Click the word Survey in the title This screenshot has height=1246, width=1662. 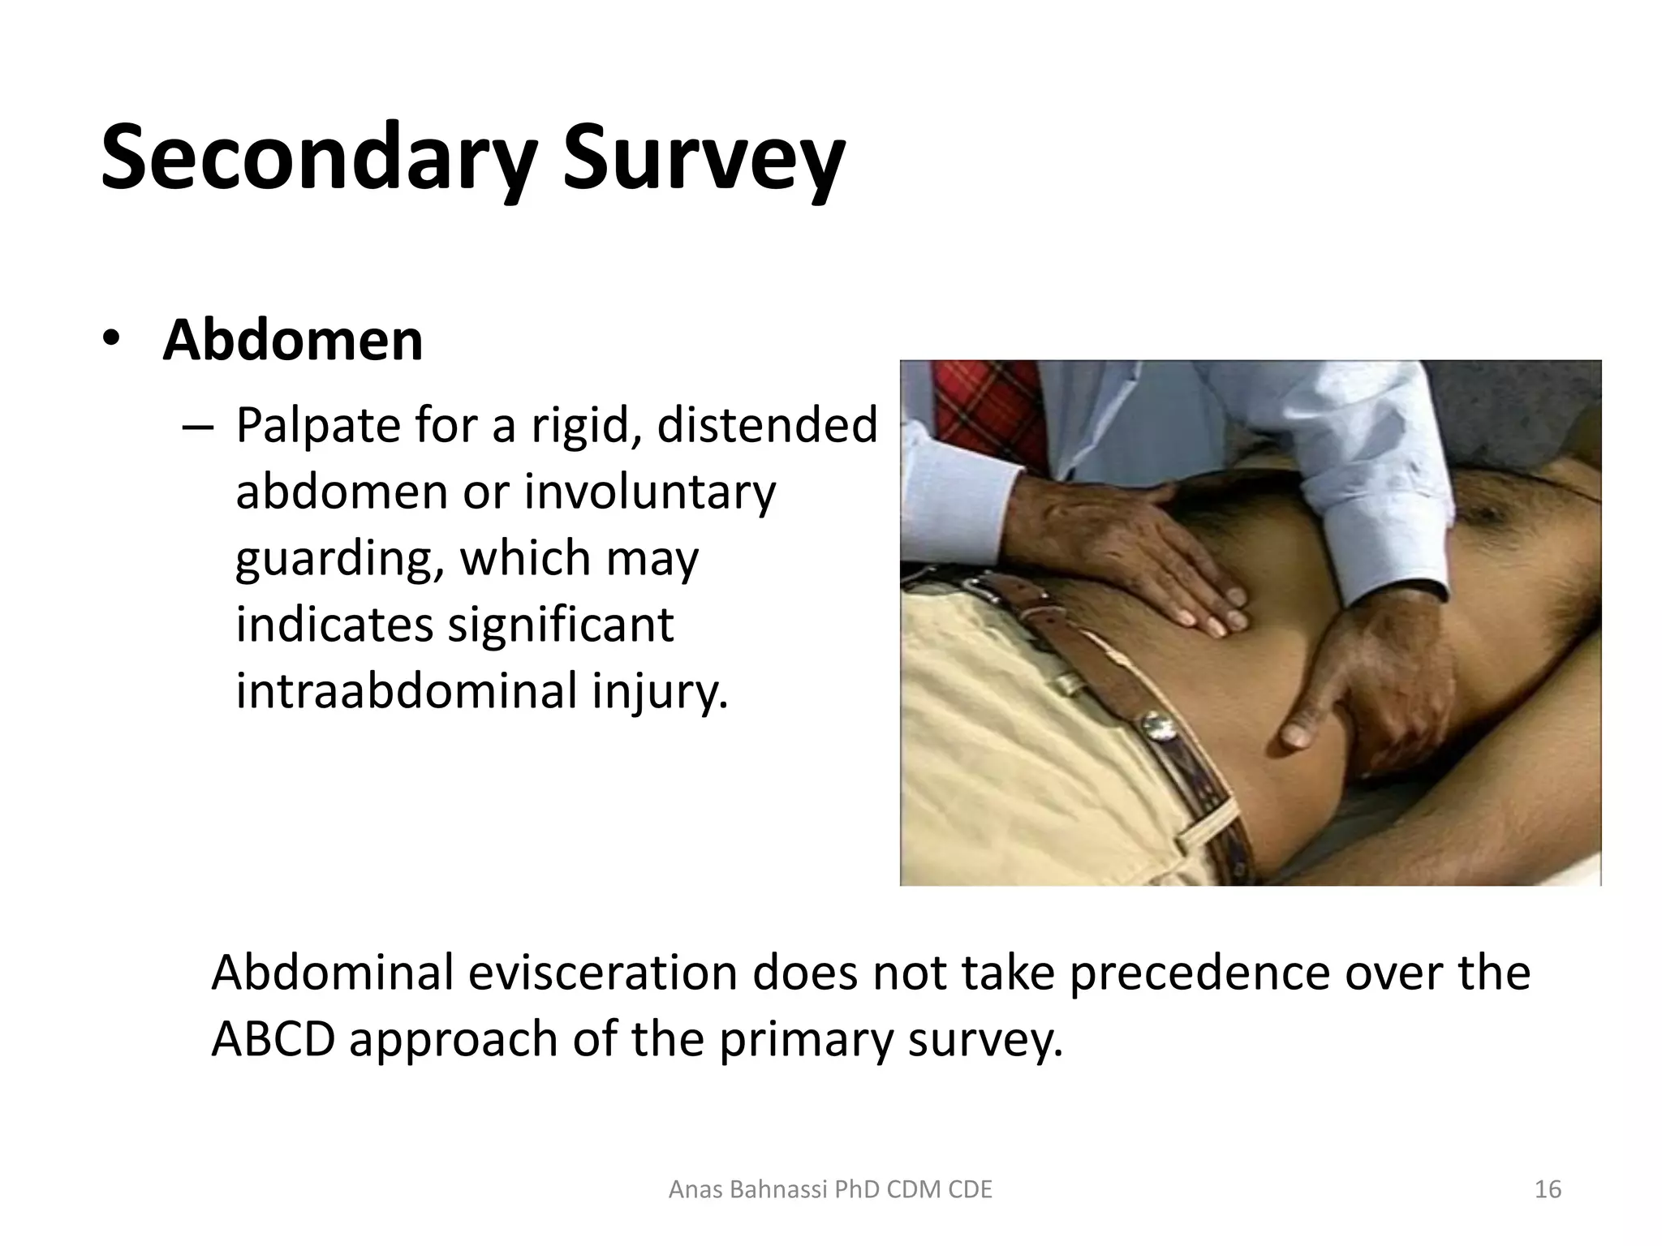click(703, 158)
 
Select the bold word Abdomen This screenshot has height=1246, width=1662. click(292, 341)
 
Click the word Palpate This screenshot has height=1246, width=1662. click(317, 426)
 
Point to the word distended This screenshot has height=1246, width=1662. click(766, 425)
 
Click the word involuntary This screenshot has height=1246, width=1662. click(649, 493)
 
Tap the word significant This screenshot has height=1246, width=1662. click(560, 625)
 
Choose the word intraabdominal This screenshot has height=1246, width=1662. click(406, 691)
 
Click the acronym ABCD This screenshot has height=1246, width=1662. click(273, 1040)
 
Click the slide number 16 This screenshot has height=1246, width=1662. click(1548, 1190)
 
